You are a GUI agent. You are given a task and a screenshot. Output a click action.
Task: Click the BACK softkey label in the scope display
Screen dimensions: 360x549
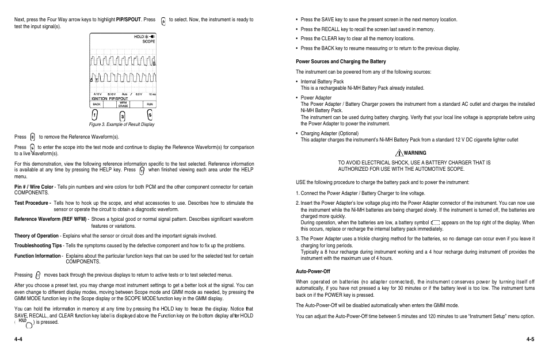click(97, 105)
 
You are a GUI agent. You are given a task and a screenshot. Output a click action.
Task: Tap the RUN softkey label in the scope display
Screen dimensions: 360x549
click(149, 105)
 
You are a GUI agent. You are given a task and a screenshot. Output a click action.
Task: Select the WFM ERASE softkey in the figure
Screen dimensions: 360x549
click(123, 105)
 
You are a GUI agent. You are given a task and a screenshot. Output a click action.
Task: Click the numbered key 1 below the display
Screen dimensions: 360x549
click(94, 115)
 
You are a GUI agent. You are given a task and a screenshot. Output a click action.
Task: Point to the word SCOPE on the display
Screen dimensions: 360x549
click(148, 41)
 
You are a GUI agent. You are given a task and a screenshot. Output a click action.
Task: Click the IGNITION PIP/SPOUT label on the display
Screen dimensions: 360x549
click(109, 99)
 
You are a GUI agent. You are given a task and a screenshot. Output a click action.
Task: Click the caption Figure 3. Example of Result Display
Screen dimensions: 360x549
click(121, 124)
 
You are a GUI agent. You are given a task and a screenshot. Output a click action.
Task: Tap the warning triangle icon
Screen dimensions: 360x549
click(399, 153)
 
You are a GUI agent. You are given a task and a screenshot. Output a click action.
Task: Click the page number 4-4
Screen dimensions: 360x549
click(19, 339)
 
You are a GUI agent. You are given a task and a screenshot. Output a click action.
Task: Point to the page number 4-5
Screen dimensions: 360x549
click(530, 339)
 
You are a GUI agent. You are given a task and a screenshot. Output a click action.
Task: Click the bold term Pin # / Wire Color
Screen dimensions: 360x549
click(35, 187)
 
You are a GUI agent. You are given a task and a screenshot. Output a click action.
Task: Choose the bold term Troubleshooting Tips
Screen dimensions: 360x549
click(38, 246)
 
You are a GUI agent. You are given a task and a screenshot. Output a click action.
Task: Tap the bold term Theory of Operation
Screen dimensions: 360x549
click(37, 236)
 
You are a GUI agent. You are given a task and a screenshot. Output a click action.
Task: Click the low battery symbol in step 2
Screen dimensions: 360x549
click(435, 223)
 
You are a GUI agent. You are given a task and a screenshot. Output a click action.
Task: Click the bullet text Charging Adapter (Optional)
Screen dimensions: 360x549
click(329, 134)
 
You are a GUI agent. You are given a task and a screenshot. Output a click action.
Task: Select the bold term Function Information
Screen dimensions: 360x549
click(38, 256)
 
